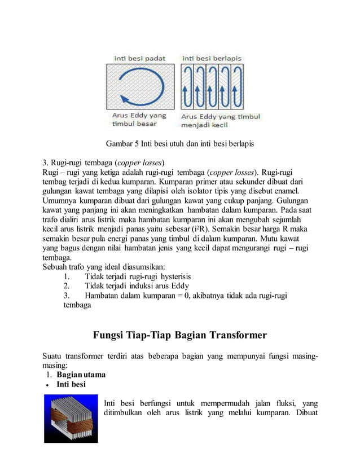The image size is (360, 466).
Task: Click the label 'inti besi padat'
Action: pos(139,58)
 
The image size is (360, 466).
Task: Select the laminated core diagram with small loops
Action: pos(213,87)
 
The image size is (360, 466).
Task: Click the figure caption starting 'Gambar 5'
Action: pos(179,144)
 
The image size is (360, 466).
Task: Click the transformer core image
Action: pos(71,419)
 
